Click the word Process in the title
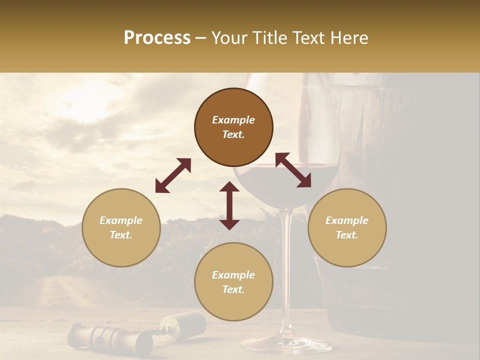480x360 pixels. point(157,38)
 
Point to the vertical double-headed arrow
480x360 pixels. point(229,205)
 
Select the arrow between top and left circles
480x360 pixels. point(173,175)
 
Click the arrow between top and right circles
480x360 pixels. point(293,170)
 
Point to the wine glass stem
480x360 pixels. point(286,260)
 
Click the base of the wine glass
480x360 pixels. point(286,345)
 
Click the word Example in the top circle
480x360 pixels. point(233,120)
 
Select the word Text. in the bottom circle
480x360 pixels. point(233,289)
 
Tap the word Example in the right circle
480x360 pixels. point(347,220)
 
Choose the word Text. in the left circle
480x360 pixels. point(121,235)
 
